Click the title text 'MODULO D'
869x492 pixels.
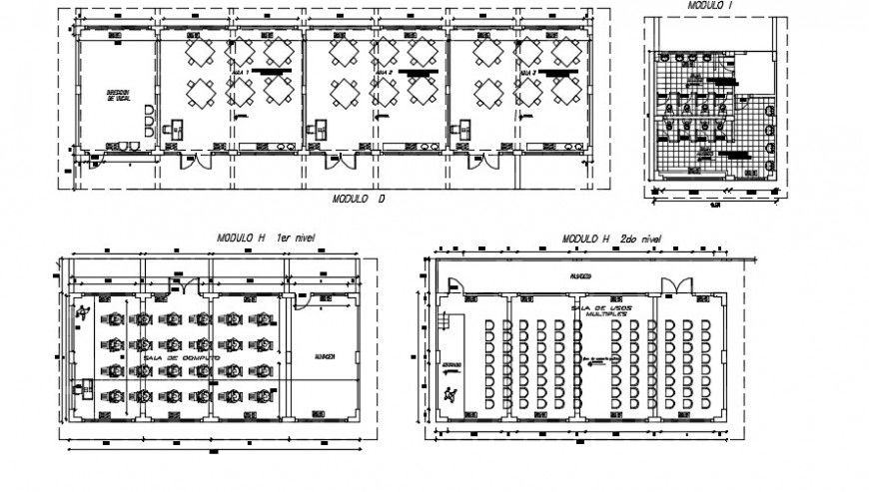359,199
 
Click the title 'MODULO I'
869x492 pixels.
709,6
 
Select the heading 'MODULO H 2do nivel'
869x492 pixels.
611,240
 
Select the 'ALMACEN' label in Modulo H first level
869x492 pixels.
324,356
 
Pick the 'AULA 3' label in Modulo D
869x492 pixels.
528,74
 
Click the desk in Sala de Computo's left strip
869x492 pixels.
80,393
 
